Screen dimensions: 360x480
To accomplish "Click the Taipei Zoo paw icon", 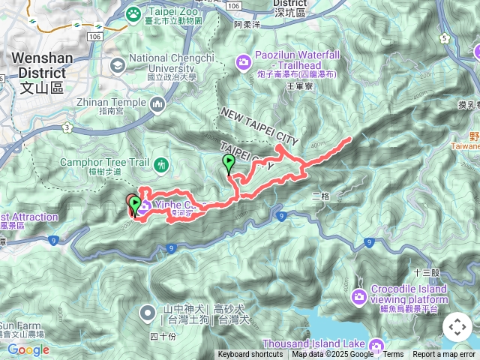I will [x=133, y=13].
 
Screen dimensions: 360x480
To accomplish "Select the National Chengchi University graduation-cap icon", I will [x=117, y=64].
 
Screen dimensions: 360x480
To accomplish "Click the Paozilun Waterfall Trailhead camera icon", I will [x=244, y=61].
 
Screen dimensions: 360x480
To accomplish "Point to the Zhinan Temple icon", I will [x=157, y=103].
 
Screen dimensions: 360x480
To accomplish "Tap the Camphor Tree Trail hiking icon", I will [x=160, y=164].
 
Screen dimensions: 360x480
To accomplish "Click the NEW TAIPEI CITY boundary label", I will [x=259, y=127].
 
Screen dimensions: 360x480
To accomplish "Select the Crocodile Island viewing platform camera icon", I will [x=359, y=297].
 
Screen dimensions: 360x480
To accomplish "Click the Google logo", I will [x=28, y=349].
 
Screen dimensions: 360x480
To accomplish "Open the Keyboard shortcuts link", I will [x=250, y=355].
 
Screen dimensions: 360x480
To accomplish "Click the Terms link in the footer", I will [x=393, y=355].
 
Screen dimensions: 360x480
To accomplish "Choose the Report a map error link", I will [x=444, y=355].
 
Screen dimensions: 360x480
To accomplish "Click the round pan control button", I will [x=457, y=327].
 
